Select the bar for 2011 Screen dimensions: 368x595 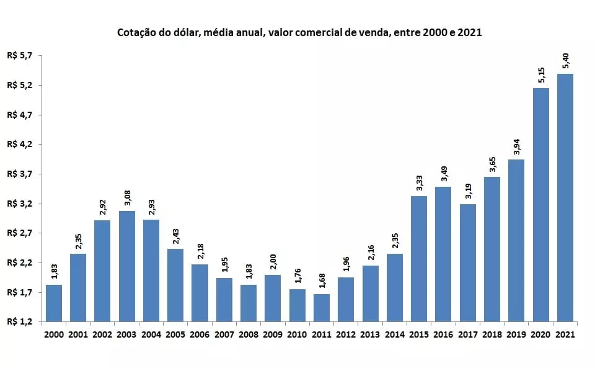click(x=322, y=308)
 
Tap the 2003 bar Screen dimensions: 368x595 click(x=127, y=266)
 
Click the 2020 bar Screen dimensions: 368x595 click(x=540, y=205)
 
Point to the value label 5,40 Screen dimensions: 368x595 click(x=565, y=63)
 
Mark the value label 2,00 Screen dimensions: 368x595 click(x=273, y=263)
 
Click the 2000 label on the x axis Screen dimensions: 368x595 click(x=54, y=334)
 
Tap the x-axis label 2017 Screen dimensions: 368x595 click(x=467, y=334)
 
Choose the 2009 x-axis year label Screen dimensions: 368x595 click(x=273, y=334)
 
